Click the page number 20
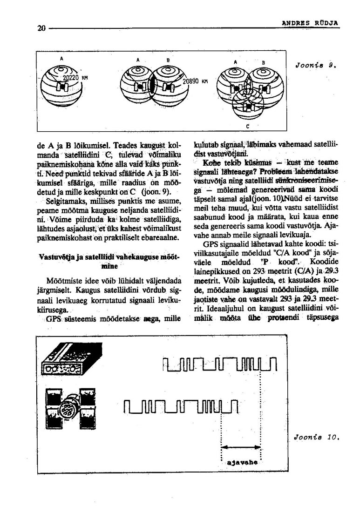41,28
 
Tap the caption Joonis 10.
316,437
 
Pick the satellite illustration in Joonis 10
68,405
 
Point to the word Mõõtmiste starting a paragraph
65,281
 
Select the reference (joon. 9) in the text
156,192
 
